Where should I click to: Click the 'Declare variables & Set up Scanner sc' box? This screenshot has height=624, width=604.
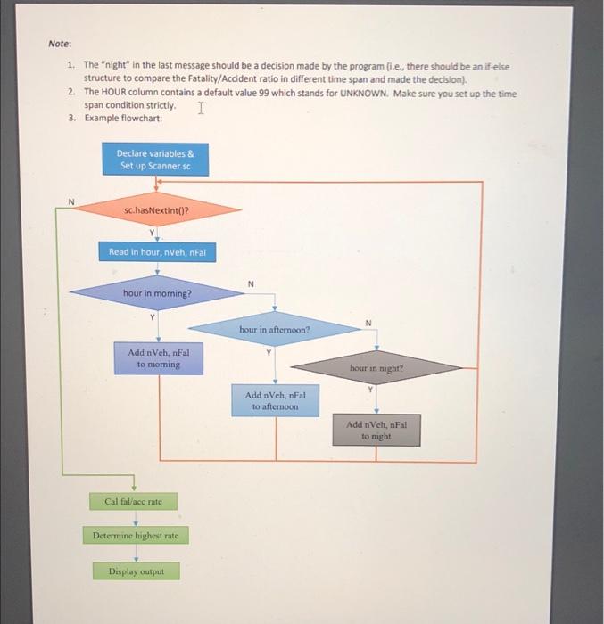coord(156,160)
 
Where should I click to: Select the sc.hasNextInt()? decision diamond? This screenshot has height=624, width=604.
coord(157,211)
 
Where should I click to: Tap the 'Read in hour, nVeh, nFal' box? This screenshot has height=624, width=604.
coord(157,252)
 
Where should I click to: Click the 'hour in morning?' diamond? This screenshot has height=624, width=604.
coord(157,292)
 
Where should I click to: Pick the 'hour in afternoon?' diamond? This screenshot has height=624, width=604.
coord(274,329)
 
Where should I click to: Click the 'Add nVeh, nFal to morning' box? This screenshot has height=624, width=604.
coord(158,358)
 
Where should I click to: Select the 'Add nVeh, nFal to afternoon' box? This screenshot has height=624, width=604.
coord(275,400)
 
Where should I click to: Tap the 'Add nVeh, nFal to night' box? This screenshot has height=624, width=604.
coord(376,431)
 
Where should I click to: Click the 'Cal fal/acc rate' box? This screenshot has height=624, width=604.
coord(134,502)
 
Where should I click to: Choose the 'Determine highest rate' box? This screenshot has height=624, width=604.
coord(137,536)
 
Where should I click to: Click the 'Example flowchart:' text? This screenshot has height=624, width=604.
coord(124,118)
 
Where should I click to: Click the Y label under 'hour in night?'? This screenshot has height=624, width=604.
coord(368,390)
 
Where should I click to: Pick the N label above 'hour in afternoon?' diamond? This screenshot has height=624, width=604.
coord(251,284)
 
